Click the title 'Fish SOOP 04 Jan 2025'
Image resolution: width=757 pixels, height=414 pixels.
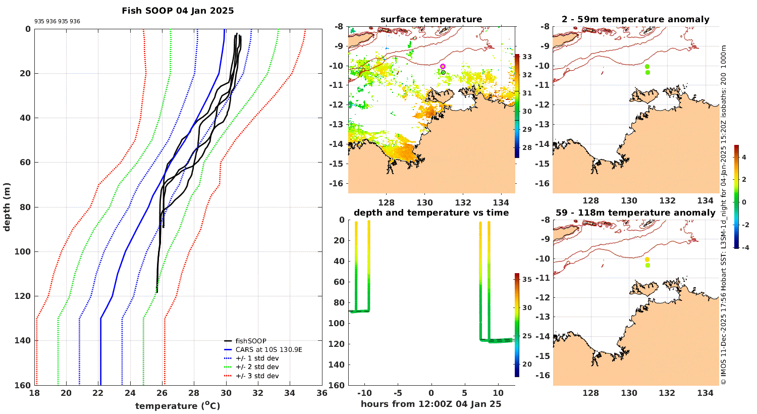click(x=178, y=11)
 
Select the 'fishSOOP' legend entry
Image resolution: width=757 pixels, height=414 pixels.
click(x=250, y=341)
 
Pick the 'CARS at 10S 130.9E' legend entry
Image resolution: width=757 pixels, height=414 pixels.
click(x=268, y=349)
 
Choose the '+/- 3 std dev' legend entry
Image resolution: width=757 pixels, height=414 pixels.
click(x=257, y=376)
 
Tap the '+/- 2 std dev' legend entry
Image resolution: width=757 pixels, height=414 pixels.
click(x=257, y=367)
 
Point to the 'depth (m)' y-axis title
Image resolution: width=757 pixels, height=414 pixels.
click(x=7, y=206)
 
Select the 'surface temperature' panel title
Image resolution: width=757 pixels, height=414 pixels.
click(x=431, y=20)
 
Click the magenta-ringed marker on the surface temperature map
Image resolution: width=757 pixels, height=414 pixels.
click(x=443, y=66)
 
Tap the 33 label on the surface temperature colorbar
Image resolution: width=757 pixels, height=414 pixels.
click(x=527, y=57)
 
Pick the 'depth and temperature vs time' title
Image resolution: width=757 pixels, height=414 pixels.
click(x=431, y=213)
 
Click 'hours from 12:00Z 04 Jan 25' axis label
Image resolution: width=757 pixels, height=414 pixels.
click(x=431, y=404)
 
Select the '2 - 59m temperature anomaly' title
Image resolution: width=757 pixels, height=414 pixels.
click(x=635, y=20)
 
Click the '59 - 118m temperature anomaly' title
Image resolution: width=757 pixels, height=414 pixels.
click(x=635, y=213)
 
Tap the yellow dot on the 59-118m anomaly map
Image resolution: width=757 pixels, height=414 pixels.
click(x=647, y=260)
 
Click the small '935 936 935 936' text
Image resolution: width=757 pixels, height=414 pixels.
click(x=57, y=22)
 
